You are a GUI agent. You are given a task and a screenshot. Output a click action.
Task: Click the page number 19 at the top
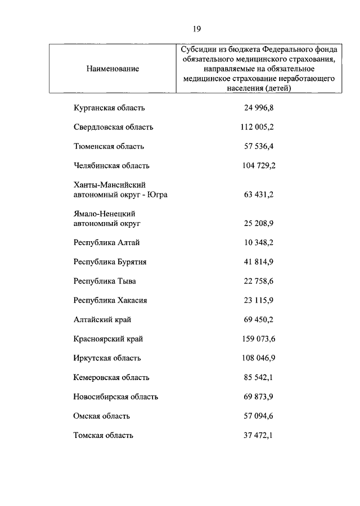[x=196, y=29]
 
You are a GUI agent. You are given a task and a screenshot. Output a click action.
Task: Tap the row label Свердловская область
[x=113, y=127]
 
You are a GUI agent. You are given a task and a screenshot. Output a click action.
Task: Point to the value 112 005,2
[x=257, y=127]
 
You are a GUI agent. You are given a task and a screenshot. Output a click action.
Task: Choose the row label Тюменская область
[x=109, y=146]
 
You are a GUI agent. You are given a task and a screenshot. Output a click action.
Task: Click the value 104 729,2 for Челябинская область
[x=257, y=166]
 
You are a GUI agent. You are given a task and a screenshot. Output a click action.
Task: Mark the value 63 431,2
[x=259, y=195]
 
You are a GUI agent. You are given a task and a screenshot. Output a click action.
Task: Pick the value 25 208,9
[x=259, y=223]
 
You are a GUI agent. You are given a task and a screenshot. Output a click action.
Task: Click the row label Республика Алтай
[x=106, y=243]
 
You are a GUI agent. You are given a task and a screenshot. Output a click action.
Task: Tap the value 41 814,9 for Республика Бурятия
[x=259, y=262]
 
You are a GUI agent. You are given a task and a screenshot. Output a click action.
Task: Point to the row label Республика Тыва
[x=105, y=281]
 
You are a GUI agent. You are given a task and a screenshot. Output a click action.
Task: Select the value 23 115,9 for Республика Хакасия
[x=259, y=301]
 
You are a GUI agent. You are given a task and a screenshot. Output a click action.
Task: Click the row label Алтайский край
[x=102, y=320]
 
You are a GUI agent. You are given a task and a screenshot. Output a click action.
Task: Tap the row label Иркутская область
[x=107, y=358]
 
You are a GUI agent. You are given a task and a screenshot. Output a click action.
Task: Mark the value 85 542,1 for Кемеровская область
[x=259, y=378]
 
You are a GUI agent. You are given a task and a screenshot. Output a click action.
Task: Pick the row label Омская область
[x=102, y=416]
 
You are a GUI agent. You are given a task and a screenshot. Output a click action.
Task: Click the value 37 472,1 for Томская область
[x=259, y=436]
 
